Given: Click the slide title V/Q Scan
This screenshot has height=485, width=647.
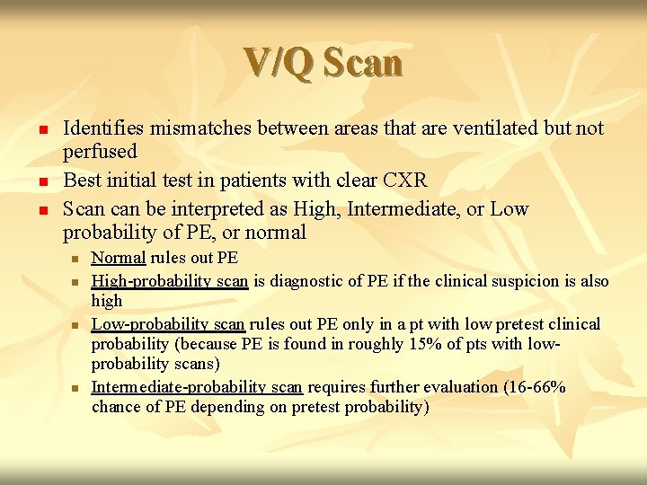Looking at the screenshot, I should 323,62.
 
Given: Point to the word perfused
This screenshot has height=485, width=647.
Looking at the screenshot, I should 100,151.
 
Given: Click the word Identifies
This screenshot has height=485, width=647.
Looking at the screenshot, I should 99,128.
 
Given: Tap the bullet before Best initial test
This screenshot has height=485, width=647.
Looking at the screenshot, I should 40,181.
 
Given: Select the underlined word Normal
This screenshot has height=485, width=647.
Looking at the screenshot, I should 119,259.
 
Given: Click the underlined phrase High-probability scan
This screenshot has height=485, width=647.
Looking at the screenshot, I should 170,281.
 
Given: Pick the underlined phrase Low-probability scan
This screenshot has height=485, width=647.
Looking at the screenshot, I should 169,324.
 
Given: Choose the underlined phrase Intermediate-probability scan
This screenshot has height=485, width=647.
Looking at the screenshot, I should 197,387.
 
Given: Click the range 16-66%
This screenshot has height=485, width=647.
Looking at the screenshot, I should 541,387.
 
